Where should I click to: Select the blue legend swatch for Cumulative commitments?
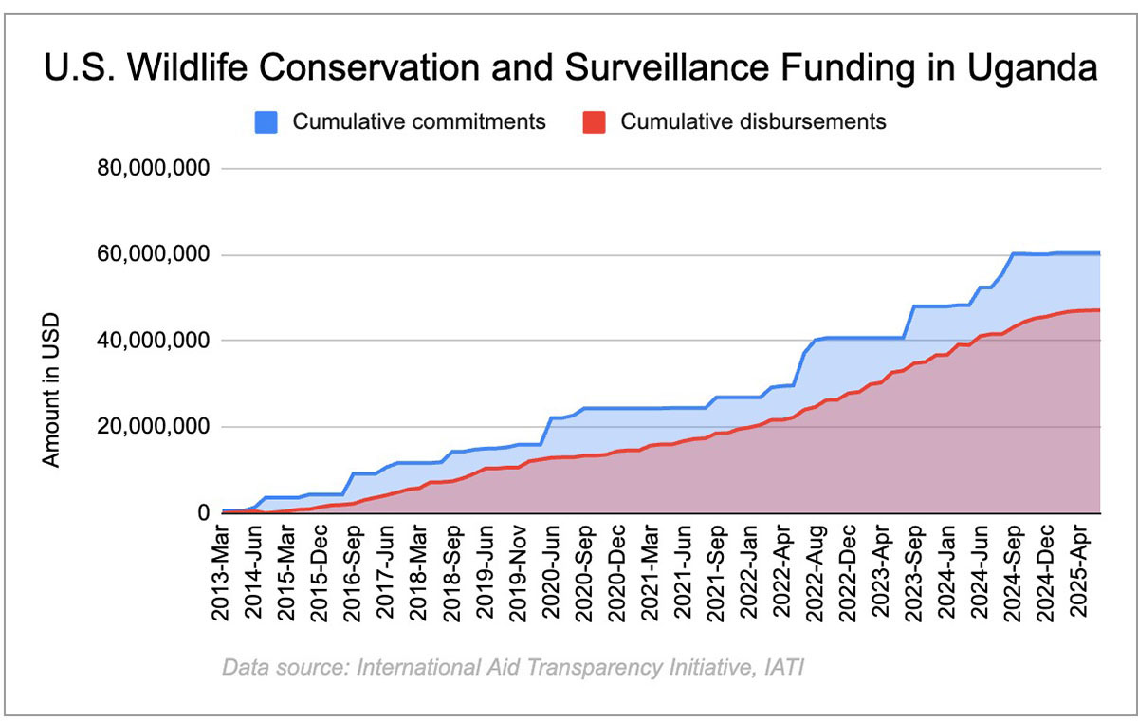point(266,122)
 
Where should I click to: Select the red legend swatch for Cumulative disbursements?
point(592,122)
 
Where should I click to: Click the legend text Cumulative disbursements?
point(753,122)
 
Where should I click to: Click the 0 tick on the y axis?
point(202,513)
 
